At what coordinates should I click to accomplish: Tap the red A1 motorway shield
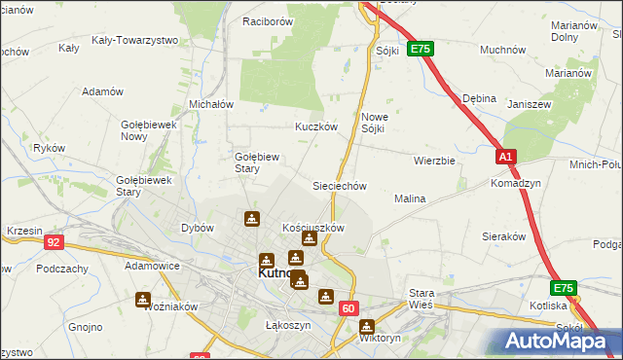504,157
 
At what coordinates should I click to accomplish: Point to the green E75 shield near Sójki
420,49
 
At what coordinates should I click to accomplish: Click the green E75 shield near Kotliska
564,288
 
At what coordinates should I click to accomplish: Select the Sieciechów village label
339,185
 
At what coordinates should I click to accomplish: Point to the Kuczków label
316,126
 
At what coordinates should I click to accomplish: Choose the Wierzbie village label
434,161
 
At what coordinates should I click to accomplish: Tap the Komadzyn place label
516,182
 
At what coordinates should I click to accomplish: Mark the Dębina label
480,98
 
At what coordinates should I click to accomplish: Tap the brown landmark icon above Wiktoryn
366,327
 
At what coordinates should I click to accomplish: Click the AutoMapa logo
558,341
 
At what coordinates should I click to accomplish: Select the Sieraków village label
504,235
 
